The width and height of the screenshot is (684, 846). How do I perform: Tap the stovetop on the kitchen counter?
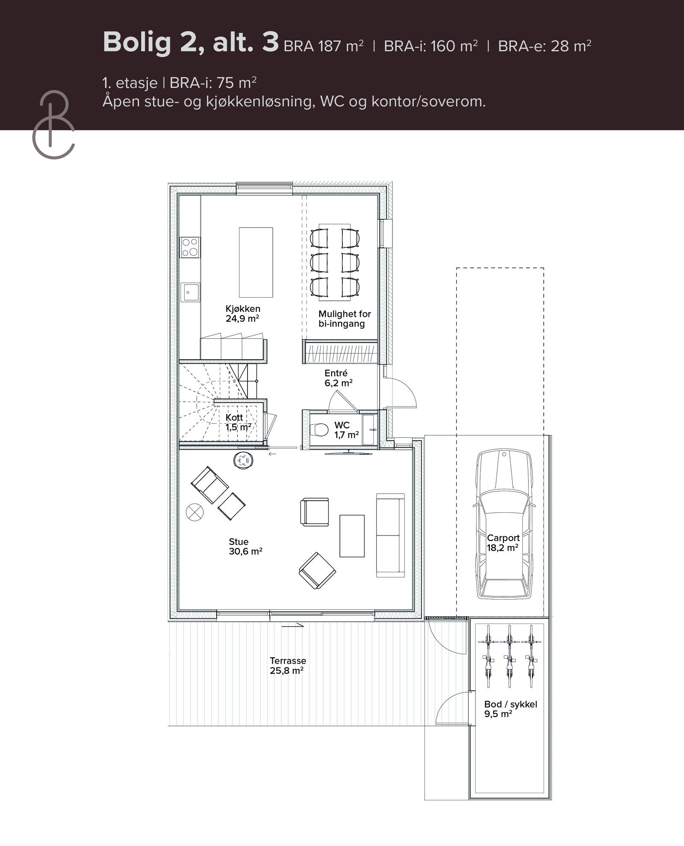point(190,247)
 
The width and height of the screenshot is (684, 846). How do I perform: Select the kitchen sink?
point(190,292)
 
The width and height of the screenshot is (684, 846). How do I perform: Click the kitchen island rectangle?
point(256,262)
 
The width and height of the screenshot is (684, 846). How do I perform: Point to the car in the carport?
point(504,525)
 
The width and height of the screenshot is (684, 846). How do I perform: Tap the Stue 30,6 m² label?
point(245,546)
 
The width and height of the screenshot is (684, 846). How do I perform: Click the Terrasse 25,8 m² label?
point(287,665)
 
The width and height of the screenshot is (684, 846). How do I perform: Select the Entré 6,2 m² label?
point(338,378)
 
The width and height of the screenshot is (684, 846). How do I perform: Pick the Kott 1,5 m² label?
point(238,422)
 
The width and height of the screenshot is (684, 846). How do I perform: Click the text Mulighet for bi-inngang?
point(344,319)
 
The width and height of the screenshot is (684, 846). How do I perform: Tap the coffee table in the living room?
point(352,536)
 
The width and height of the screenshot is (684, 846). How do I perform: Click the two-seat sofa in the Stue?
point(390,535)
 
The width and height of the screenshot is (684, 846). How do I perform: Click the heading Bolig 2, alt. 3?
point(190,42)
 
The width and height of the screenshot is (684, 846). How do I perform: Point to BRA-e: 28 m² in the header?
point(544,46)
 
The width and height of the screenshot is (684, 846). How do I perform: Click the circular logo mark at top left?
point(53,124)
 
